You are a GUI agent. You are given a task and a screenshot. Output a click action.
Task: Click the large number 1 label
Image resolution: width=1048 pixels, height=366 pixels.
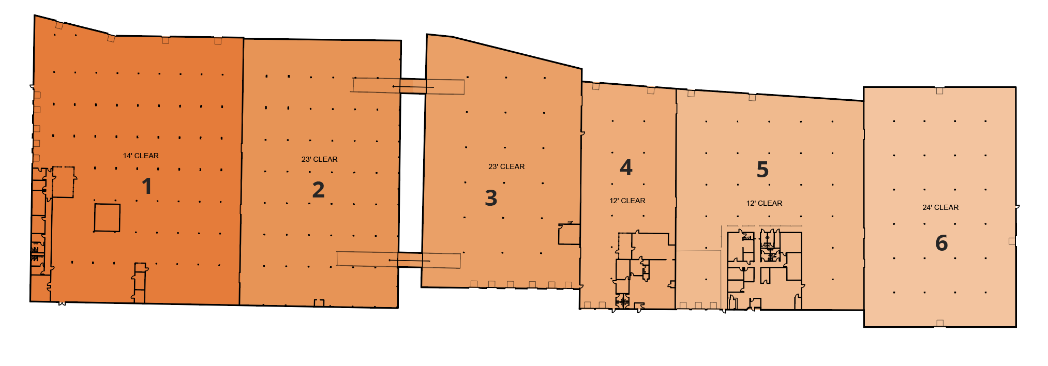point(147,186)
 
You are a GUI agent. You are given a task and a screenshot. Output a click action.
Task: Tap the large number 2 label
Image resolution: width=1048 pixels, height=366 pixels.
point(318,190)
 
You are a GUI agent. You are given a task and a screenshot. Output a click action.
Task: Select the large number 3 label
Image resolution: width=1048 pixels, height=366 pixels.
point(491,198)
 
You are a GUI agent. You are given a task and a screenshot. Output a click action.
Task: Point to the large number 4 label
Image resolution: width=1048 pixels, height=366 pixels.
point(626,167)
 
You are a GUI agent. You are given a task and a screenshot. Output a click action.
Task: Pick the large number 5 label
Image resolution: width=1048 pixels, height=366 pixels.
point(762,170)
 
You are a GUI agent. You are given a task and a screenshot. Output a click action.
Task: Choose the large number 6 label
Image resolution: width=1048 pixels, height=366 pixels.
point(941,243)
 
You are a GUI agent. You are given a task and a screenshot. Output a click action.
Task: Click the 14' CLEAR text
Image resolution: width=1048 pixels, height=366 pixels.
point(141,156)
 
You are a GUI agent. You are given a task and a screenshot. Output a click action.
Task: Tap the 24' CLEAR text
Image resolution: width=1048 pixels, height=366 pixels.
point(940,207)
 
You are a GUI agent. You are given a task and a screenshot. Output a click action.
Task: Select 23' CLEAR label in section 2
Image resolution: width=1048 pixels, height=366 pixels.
point(319,159)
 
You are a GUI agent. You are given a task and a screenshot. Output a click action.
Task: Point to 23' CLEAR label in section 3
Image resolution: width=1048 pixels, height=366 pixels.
point(506,166)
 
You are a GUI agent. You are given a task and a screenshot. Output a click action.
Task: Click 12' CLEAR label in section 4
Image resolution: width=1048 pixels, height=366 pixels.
point(627,201)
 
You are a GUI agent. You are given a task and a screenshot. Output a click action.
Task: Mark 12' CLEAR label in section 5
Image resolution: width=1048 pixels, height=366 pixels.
point(764,203)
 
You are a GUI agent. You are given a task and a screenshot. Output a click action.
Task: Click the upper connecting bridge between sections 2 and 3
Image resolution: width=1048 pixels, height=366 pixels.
point(413,86)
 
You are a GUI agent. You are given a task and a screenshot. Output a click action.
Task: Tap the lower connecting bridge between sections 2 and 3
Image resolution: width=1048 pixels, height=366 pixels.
point(410,260)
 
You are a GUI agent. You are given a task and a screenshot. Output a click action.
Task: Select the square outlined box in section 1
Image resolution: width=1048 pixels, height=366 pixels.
point(107,218)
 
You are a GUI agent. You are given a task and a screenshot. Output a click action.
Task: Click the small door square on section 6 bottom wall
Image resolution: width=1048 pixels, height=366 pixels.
point(940,323)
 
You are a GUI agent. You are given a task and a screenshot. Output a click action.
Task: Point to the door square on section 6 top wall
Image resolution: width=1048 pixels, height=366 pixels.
point(939,91)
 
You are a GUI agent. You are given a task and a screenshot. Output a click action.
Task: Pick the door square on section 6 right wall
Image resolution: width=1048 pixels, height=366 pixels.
point(1012,241)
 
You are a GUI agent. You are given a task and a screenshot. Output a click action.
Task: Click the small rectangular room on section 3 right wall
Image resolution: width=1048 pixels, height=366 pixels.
point(569,234)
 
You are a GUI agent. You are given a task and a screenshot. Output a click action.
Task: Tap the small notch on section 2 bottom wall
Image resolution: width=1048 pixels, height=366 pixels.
point(319,303)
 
